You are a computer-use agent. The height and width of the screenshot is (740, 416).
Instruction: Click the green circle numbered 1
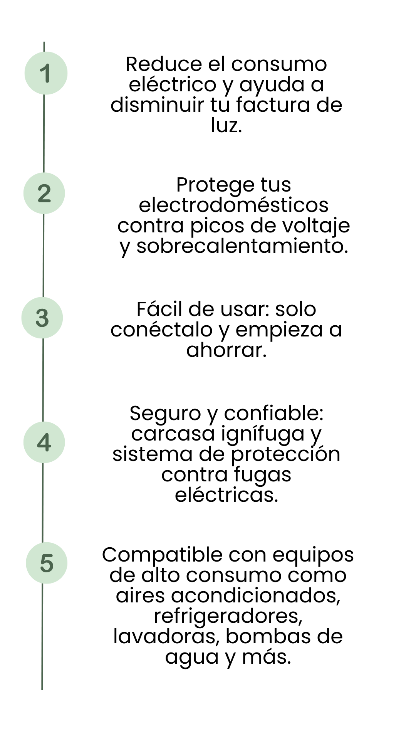pos(46,73)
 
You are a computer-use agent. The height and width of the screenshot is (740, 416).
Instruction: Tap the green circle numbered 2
pos(44,193)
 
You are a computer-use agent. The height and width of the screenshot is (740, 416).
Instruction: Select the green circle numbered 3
pos(42,318)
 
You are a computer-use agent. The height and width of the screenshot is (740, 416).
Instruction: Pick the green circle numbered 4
pos(44,442)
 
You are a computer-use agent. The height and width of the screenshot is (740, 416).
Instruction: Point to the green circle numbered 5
pos(47,563)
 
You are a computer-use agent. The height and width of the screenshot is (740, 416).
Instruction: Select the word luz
pos(226,125)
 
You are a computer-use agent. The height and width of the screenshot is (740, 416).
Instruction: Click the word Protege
pos(215,185)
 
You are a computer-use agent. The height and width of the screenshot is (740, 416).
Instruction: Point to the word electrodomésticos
pos(233,205)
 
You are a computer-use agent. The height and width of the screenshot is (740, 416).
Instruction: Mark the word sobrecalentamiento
pos(242,246)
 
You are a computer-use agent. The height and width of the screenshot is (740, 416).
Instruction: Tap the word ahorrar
pos(226,350)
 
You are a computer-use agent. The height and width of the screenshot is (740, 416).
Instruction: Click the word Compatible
pos(162,556)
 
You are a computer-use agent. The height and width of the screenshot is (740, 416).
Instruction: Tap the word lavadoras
pos(166,637)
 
